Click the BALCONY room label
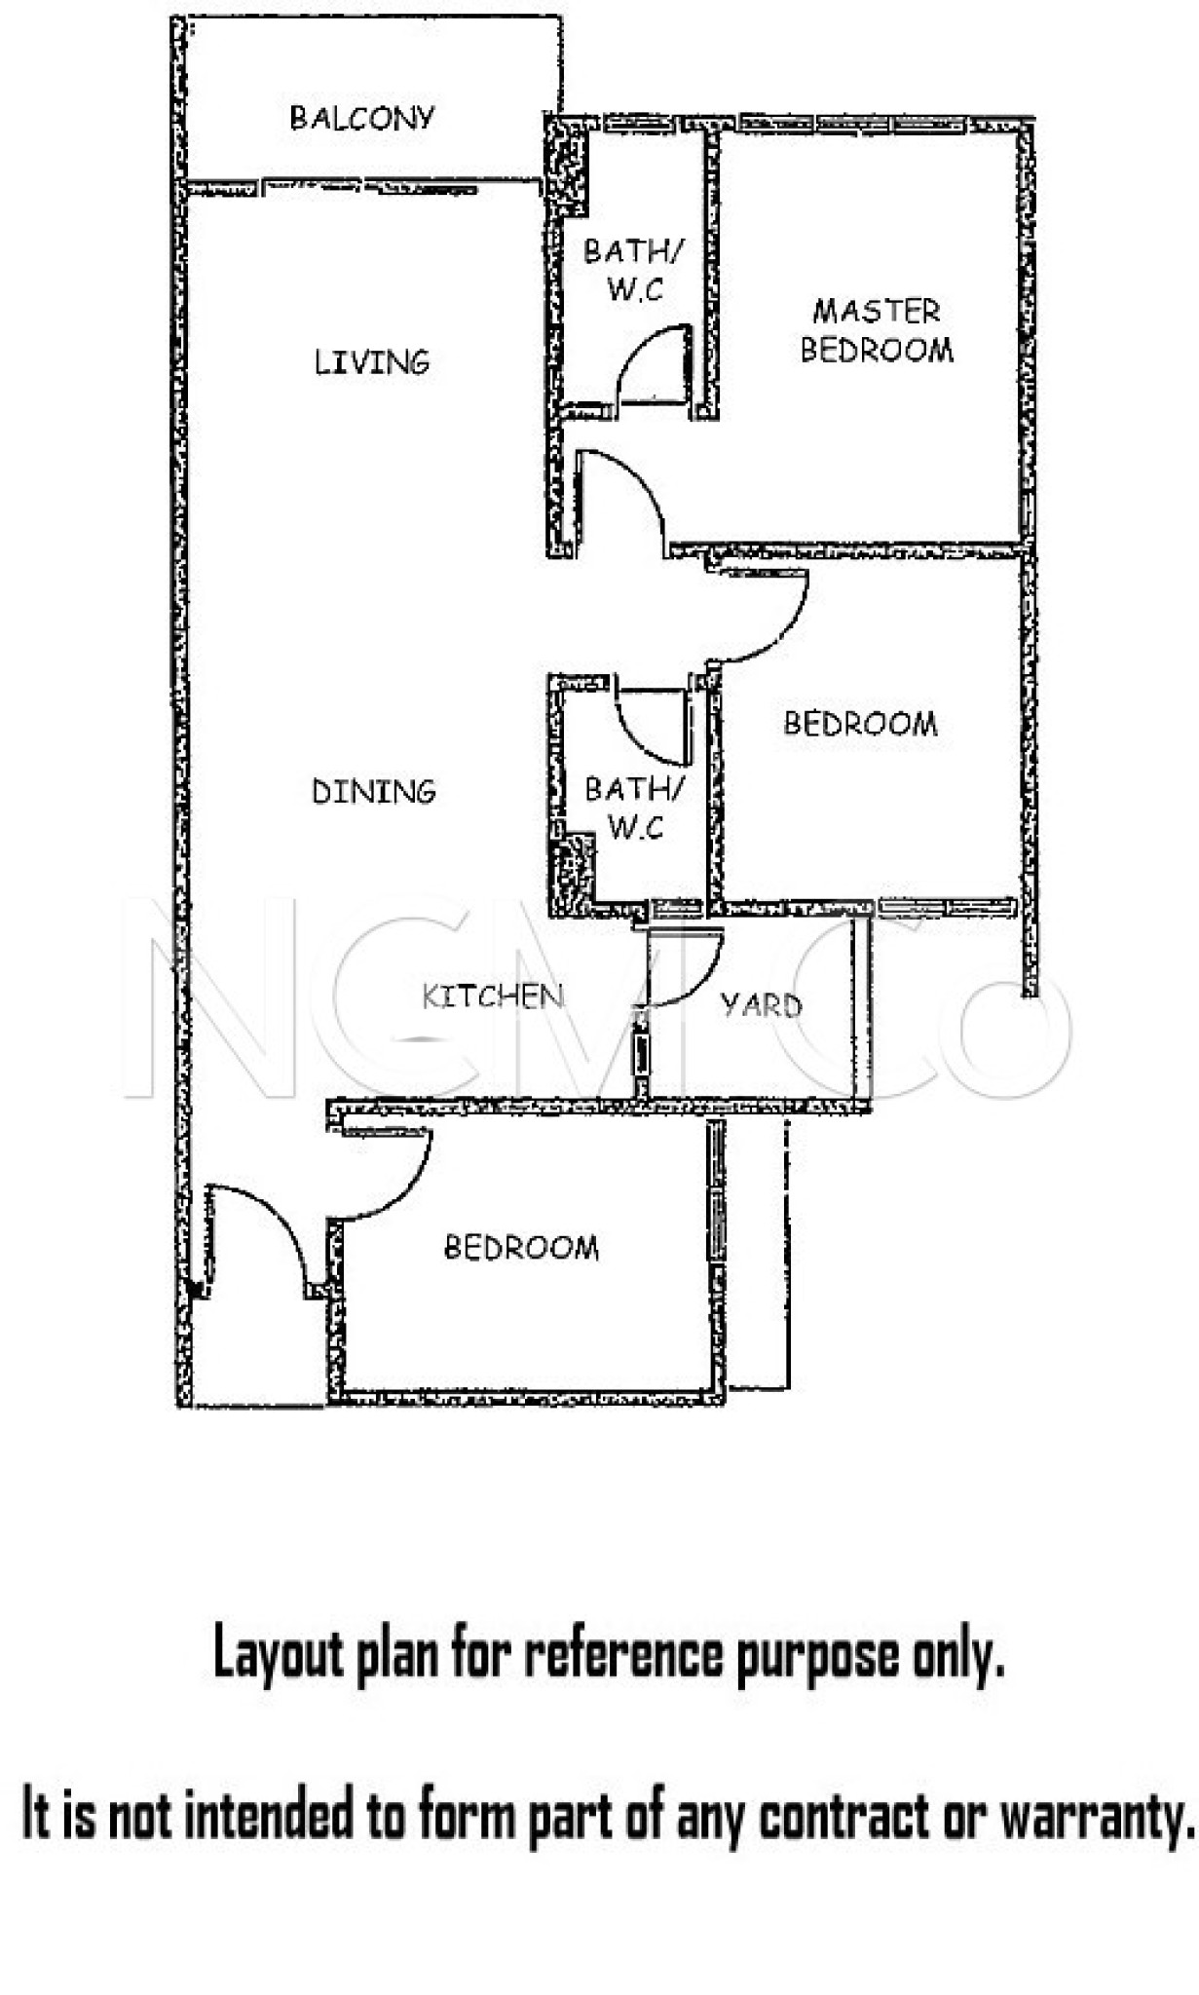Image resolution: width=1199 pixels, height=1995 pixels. click(x=361, y=118)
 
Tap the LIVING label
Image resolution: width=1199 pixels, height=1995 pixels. click(x=371, y=362)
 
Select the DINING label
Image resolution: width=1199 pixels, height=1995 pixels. click(x=373, y=791)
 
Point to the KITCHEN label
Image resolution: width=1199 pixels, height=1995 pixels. click(x=493, y=996)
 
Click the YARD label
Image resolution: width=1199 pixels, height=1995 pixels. click(x=762, y=1004)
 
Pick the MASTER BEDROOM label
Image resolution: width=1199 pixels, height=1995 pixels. click(x=877, y=330)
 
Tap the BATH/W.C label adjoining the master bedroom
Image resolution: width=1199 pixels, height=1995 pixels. click(x=634, y=270)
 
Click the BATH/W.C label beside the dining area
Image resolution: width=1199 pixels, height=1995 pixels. click(x=635, y=808)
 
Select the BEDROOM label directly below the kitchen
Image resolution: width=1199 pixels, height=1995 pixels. click(x=521, y=1247)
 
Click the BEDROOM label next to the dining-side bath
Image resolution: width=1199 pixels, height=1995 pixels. click(x=860, y=723)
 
